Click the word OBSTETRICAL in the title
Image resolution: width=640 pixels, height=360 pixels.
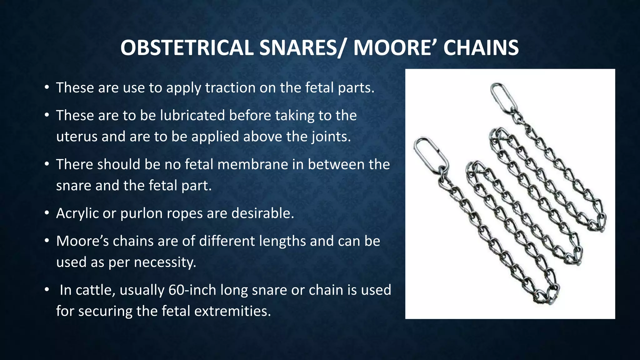tap(187, 48)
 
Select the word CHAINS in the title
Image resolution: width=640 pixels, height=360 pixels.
tap(481, 48)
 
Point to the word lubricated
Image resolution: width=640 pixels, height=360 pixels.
tap(192, 115)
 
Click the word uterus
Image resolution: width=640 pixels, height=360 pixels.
tap(77, 137)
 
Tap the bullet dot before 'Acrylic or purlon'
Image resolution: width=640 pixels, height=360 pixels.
tap(47, 213)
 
